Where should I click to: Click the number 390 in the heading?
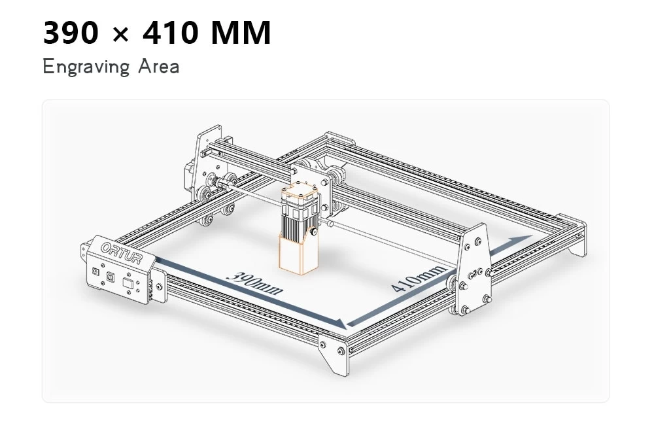[71, 33]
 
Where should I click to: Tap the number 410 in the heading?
[170, 33]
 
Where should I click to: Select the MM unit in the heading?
[241, 33]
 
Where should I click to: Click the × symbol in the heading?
[120, 34]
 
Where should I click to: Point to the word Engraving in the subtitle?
[86, 67]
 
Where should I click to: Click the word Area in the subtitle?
[159, 66]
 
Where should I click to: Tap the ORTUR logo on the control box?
[122, 253]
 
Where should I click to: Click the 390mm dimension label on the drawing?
[254, 283]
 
